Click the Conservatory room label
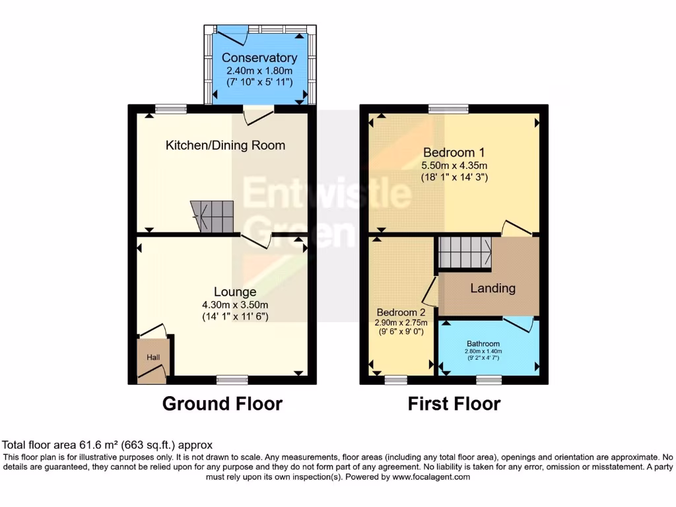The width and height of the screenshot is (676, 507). (x=259, y=57)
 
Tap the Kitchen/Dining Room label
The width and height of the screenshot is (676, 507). (x=225, y=145)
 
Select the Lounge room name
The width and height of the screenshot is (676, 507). (x=235, y=292)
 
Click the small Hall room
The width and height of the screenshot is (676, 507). (x=153, y=357)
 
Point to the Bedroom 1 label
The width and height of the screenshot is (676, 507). (x=454, y=152)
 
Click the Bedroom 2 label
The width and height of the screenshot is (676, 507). (x=401, y=312)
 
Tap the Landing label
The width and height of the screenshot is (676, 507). (x=492, y=288)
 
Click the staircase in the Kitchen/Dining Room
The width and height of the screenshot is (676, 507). (x=213, y=217)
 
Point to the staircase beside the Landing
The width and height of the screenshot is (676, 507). (x=465, y=253)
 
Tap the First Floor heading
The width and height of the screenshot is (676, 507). (x=454, y=403)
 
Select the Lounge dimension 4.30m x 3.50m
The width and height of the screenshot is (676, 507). (x=235, y=305)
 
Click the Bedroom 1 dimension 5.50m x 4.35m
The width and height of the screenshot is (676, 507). (x=454, y=165)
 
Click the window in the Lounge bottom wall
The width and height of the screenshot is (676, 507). (x=232, y=379)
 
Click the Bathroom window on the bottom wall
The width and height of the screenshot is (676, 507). (x=489, y=379)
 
